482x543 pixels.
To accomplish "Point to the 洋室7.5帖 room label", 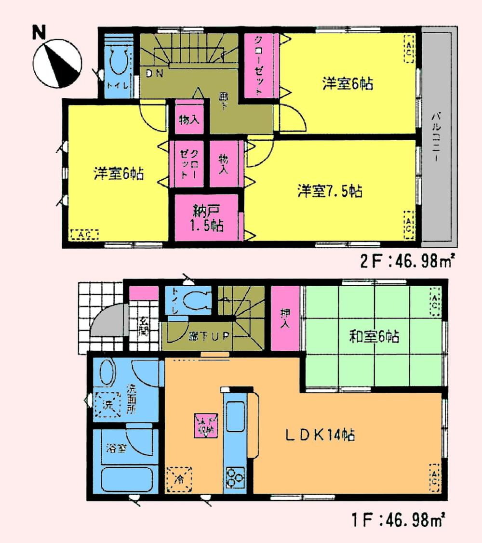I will point(330,191).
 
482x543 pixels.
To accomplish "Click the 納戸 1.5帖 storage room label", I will point(206,218).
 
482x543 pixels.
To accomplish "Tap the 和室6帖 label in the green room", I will point(374,336).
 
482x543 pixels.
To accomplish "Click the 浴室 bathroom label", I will point(117,449).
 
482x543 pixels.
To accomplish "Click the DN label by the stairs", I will point(155,73).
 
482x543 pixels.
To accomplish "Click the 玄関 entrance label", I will point(144,326).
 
